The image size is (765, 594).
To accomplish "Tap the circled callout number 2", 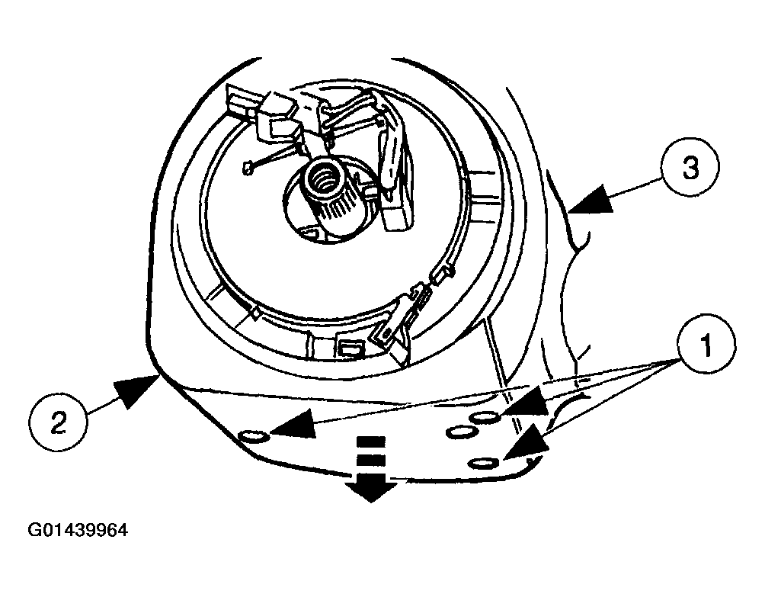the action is (59, 422).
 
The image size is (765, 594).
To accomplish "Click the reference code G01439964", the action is (78, 530).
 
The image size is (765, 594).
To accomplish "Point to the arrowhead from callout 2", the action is (135, 390).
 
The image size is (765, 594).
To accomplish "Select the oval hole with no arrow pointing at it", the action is (462, 432).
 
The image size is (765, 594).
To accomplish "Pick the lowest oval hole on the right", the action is (482, 463).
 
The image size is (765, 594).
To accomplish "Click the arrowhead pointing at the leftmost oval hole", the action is (292, 424).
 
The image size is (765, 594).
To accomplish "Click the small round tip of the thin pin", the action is (248, 169).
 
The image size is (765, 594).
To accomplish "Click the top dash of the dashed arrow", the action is (371, 441).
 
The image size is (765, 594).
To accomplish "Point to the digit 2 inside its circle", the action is (59, 422).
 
